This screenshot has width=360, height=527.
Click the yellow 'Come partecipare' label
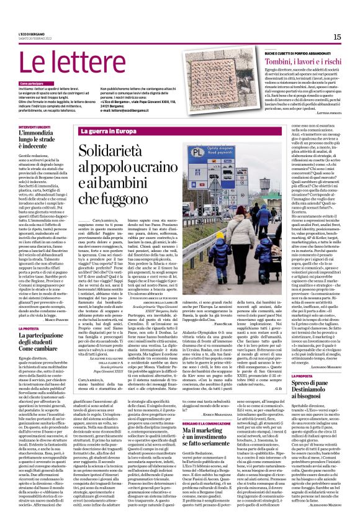pyautogui.click(x=32, y=83)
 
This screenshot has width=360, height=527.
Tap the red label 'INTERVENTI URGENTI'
pyautogui.click(x=35, y=126)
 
